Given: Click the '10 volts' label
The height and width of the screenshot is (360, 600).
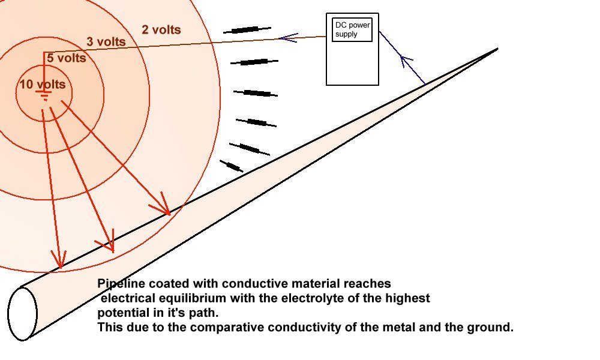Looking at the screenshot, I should tap(42, 85).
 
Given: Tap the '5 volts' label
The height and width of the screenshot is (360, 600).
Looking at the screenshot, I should tap(66, 58).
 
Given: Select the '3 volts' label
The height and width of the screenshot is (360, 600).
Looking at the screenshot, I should tap(106, 42).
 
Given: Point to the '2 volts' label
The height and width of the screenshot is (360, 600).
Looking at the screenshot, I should tap(161, 29).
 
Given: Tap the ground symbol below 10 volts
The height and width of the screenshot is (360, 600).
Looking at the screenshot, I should tap(44, 96).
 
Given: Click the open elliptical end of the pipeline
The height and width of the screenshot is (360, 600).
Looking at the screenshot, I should tap(23, 314).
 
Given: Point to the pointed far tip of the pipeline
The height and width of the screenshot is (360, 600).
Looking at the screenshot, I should tap(497, 49).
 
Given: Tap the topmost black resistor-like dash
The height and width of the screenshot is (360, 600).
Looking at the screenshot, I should tap(247, 29).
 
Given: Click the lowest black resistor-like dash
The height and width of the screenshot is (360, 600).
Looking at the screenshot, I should tap(231, 166).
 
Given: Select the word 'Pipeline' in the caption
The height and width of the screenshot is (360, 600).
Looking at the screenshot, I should tap(118, 283).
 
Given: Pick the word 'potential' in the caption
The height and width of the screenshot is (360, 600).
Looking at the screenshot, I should tap(120, 313).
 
